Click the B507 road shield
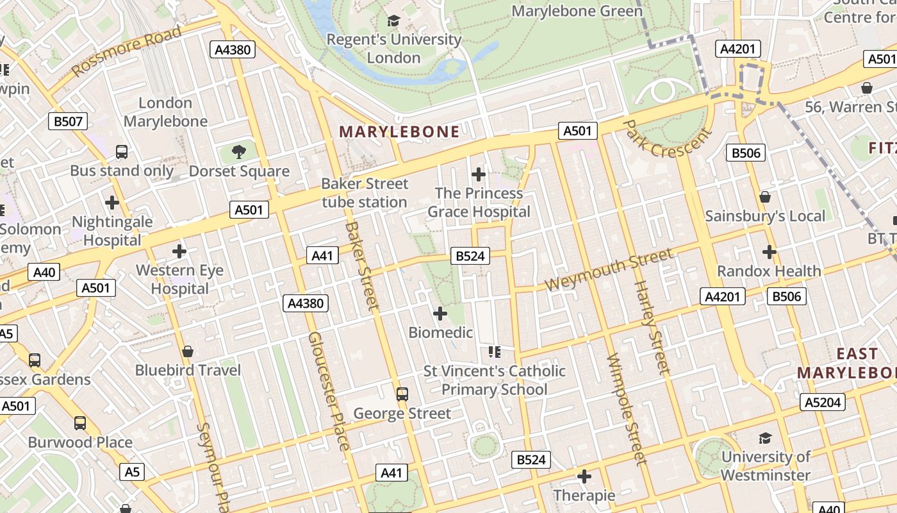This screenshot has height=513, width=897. (68, 121)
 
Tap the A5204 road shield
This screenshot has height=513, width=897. (822, 402)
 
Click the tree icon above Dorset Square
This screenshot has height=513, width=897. (239, 152)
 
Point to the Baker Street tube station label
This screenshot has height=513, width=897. (365, 193)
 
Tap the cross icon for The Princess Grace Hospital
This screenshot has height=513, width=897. (478, 174)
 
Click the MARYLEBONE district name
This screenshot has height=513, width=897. (399, 132)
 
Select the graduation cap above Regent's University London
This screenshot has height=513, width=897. (393, 21)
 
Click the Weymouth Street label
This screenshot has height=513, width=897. (609, 270)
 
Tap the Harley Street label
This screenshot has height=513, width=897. (652, 327)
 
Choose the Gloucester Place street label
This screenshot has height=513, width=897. (329, 391)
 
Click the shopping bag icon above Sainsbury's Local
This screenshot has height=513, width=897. (765, 197)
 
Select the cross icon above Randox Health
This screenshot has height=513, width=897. (769, 252)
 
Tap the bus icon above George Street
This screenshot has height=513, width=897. (402, 394)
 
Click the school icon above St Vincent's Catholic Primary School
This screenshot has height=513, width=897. (494, 351)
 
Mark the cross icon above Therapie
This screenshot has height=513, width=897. (584, 476)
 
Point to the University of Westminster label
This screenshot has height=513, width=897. (765, 466)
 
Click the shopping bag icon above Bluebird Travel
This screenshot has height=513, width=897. (188, 351)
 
